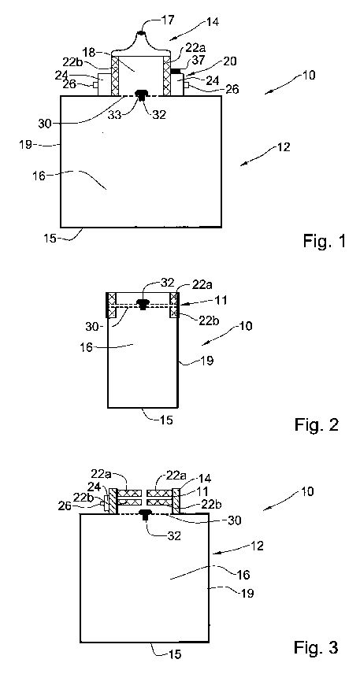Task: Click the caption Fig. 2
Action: (x=317, y=424)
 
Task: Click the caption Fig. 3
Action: (x=316, y=646)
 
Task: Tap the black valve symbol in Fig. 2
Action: (x=143, y=303)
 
